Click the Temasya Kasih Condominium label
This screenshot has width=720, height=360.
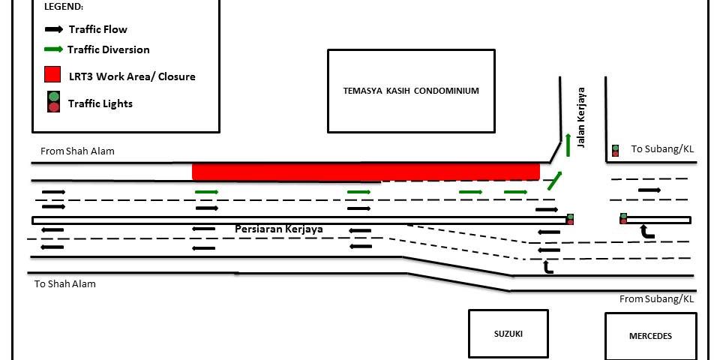point(411,91)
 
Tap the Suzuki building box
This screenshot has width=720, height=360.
point(508,334)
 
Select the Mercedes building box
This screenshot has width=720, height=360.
point(651,336)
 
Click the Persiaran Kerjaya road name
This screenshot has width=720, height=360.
point(279,229)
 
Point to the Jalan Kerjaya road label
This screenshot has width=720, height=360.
point(582,118)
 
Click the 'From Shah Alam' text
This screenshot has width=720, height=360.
point(77,151)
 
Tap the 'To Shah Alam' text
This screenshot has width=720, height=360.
point(65,283)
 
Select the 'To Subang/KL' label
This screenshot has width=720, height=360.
point(662,148)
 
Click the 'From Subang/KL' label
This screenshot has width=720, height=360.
point(657,299)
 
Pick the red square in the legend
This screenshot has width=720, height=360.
point(52,74)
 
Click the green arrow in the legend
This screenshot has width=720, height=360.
point(54,49)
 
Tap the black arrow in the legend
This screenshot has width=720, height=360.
point(54,29)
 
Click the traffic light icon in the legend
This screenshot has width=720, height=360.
point(54,103)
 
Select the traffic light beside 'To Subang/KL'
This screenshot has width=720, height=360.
point(615,151)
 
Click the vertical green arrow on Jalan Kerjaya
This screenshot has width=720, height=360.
point(568,145)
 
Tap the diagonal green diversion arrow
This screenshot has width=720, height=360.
point(555,180)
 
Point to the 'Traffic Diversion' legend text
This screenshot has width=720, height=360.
point(108,49)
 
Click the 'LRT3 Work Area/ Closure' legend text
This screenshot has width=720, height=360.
point(132,76)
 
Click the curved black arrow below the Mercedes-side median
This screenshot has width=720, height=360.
point(646,232)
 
